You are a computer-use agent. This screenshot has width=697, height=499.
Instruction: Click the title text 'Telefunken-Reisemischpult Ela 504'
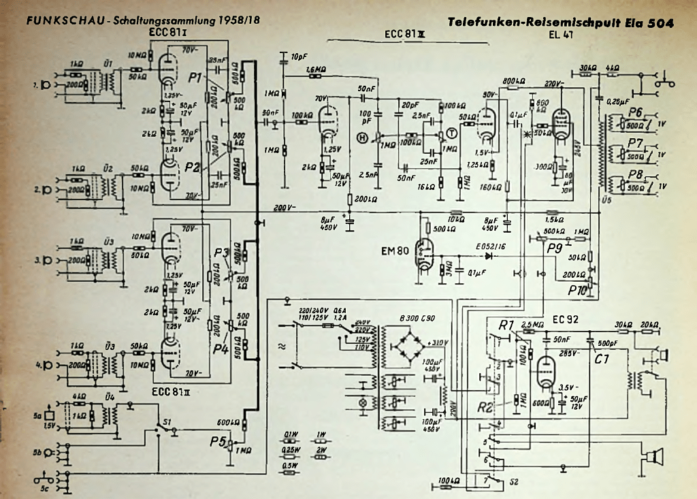tap(561, 23)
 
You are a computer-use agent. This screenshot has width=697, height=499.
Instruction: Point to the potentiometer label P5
tap(218, 441)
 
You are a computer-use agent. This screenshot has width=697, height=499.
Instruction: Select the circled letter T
tap(451, 133)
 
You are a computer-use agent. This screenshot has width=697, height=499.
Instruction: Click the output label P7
tap(636, 143)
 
